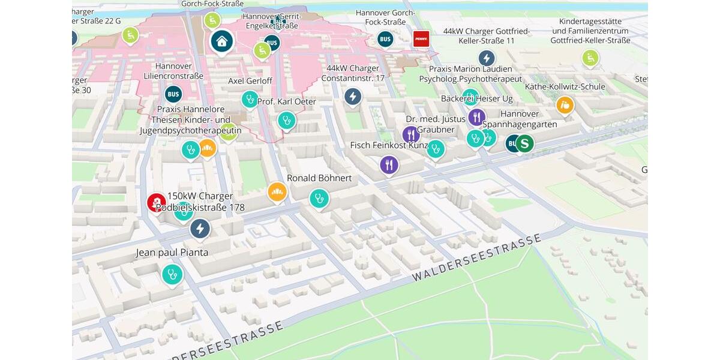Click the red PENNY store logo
(422, 39)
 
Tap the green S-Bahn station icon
(524, 143)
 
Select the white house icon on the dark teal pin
(222, 41)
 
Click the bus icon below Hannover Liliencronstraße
(173, 94)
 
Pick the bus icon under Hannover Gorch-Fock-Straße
(385, 40)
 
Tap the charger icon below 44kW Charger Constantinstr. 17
(353, 96)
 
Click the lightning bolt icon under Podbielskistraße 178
(200, 229)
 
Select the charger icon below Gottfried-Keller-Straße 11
(487, 58)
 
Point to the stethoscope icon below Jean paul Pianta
(172, 275)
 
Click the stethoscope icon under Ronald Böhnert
(319, 198)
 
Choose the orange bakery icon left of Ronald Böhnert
(277, 192)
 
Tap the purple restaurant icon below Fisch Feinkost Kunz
(389, 164)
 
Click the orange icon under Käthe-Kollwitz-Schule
(565, 106)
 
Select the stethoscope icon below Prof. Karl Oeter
(286, 121)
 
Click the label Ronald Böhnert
(319, 178)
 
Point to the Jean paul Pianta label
(172, 253)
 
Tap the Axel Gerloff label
(250, 81)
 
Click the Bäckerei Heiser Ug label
(477, 98)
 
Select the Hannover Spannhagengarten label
(520, 119)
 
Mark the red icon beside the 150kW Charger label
(157, 202)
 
